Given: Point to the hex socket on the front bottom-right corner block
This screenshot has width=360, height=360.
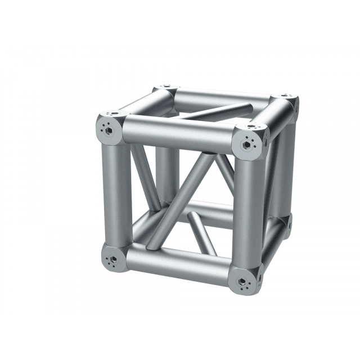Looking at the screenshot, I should pyautogui.click(x=242, y=281).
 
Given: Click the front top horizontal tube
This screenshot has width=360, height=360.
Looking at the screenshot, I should pyautogui.click(x=177, y=135).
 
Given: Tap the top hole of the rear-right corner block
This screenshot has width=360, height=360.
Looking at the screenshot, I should pyautogui.click(x=287, y=96).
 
